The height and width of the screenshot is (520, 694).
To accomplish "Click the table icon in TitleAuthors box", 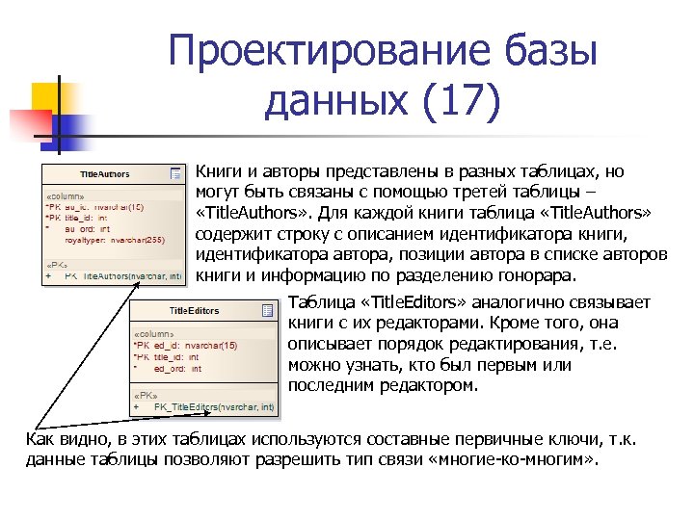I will pyautogui.click(x=175, y=174).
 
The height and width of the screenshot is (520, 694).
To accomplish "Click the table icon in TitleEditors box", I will pyautogui.click(x=265, y=310).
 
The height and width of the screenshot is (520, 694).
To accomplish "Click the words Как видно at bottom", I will pyautogui.click(x=59, y=440).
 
